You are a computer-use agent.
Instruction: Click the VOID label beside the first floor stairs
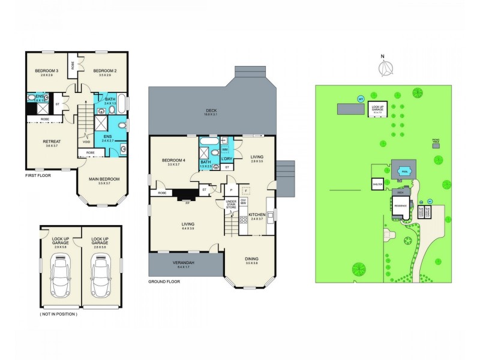tap(86, 142)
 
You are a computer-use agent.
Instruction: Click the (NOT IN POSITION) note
tap(59, 314)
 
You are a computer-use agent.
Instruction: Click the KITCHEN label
tap(257, 215)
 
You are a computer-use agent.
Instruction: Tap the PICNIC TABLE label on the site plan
tap(436, 140)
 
